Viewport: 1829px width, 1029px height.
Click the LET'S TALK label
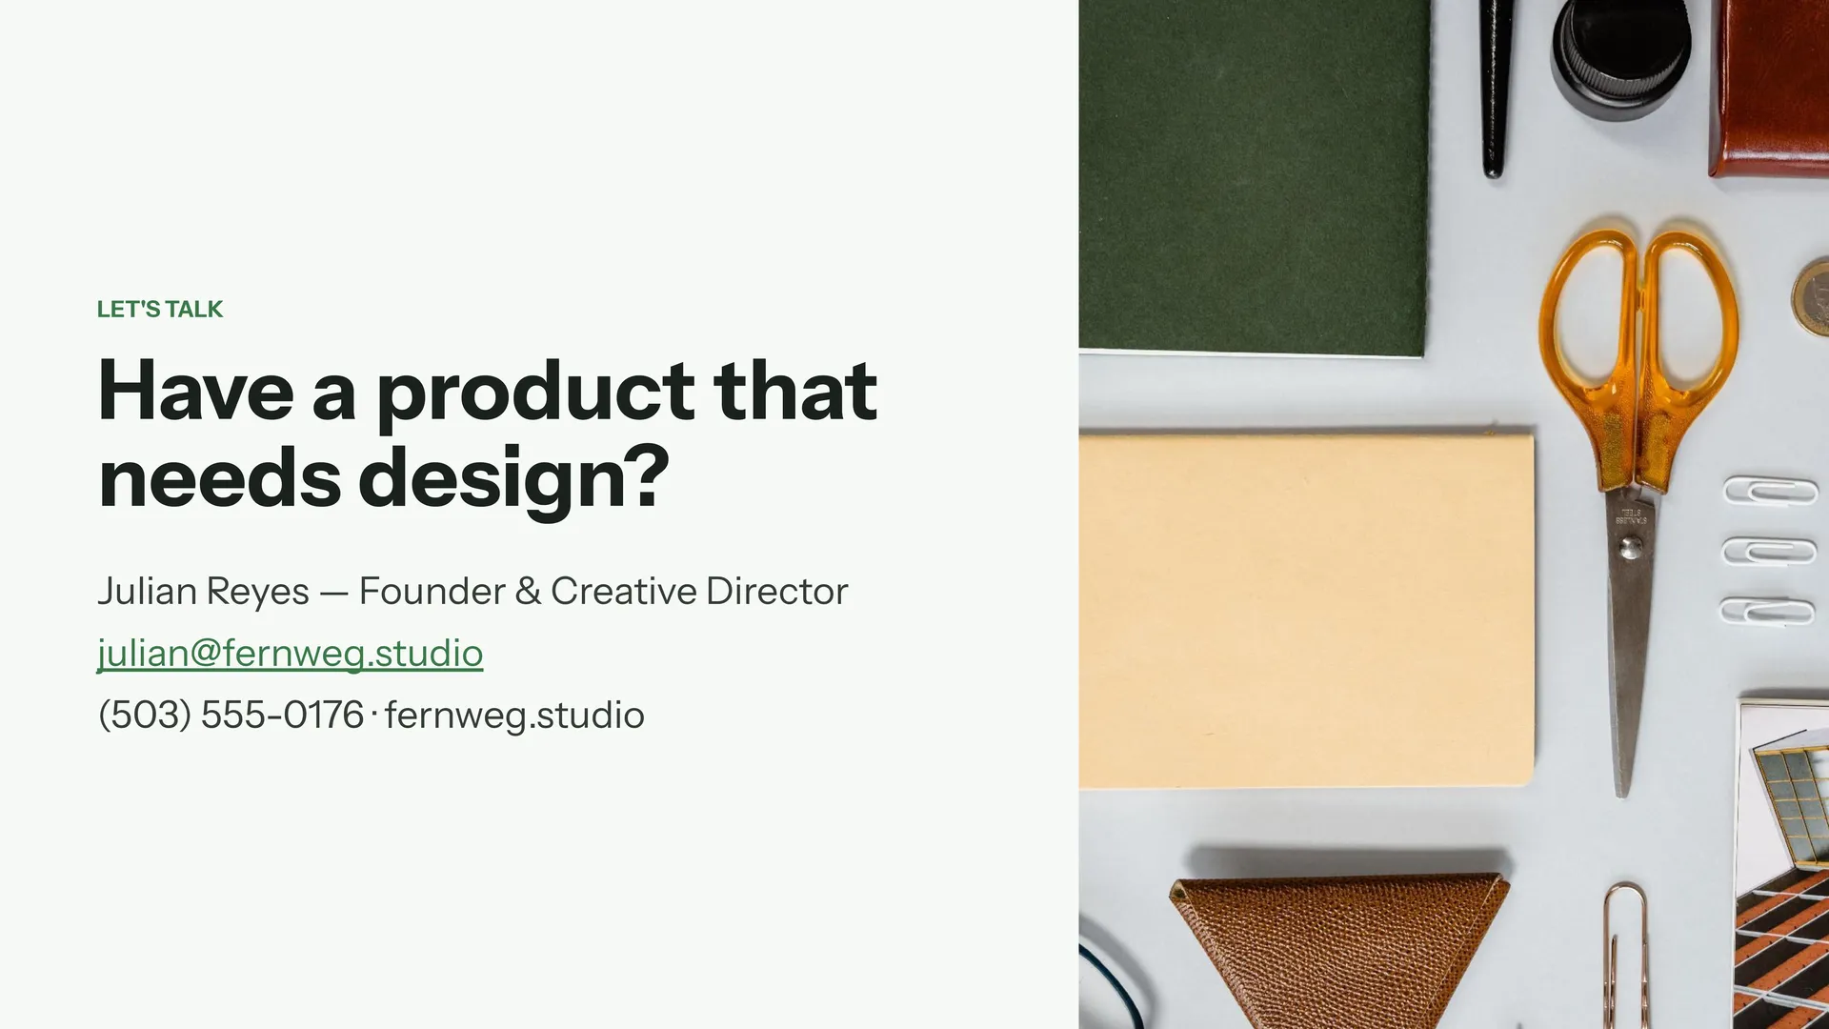click(x=160, y=310)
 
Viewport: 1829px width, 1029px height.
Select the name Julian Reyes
click(x=204, y=592)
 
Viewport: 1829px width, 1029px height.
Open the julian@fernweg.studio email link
click(x=291, y=654)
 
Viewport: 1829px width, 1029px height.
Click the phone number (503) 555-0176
click(x=231, y=716)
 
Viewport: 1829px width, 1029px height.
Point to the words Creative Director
click(x=699, y=592)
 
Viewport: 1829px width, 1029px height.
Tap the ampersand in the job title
click(x=528, y=592)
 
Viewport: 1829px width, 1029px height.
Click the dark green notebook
click(x=1254, y=176)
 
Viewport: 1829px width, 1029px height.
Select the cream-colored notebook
click(x=1306, y=610)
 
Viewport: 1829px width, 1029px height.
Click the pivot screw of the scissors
click(x=1631, y=547)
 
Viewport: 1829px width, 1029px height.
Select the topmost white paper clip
click(x=1771, y=492)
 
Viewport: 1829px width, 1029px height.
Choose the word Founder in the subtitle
click(x=432, y=592)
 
